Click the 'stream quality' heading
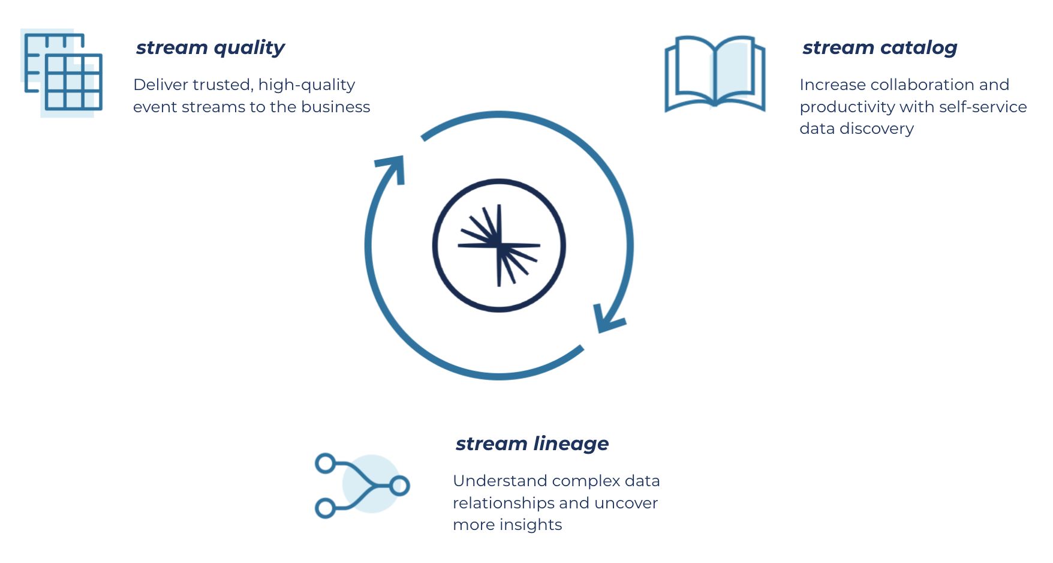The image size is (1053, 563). tap(210, 47)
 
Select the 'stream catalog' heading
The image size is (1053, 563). tap(879, 47)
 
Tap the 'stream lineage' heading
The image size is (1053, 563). tap(532, 444)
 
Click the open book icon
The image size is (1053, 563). tap(715, 73)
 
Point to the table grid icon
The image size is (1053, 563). tap(62, 72)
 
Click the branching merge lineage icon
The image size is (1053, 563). tap(362, 485)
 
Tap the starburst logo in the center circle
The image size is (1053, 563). tap(499, 245)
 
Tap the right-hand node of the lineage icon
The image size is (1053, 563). tap(399, 485)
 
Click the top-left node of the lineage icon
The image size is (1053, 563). tap(326, 463)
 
